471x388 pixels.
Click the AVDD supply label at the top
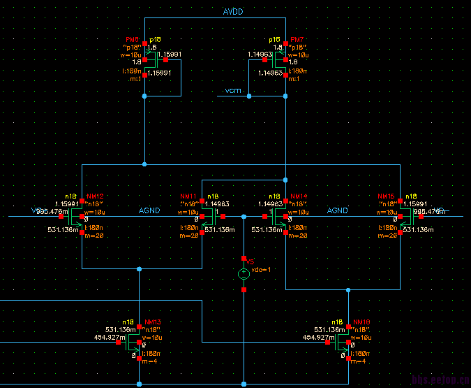(x=233, y=12)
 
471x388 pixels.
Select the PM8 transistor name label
(x=133, y=40)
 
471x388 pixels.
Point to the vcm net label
(x=232, y=91)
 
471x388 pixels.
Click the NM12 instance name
(x=95, y=196)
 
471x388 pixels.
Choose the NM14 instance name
(x=298, y=196)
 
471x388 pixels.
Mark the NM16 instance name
(x=387, y=196)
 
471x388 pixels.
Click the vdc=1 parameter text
(x=260, y=270)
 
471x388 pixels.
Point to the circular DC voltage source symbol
(x=244, y=273)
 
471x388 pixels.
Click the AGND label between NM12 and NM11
(x=149, y=210)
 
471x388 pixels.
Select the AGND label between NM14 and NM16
(x=338, y=210)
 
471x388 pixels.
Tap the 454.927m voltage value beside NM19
(x=319, y=338)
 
